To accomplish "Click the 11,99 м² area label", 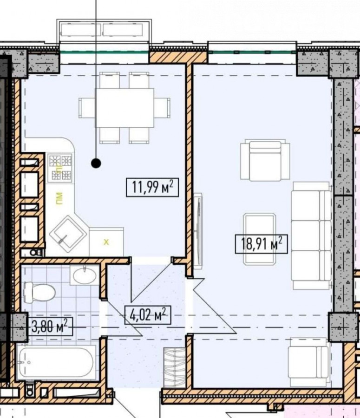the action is pyautogui.click(x=152, y=188).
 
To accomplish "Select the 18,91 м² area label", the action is pyautogui.click(x=261, y=244).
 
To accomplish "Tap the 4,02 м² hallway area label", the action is pyautogui.click(x=148, y=315).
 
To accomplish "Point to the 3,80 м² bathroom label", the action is pyautogui.click(x=50, y=327).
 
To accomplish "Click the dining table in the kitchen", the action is pyautogui.click(x=125, y=108).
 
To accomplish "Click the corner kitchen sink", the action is pyautogui.click(x=68, y=234).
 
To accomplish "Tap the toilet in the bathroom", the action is pyautogui.click(x=40, y=293).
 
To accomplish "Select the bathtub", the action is pyautogui.click(x=56, y=362).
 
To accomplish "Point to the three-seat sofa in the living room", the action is pyautogui.click(x=311, y=235).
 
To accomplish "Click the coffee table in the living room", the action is pyautogui.click(x=260, y=239).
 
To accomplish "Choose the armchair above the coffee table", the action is pyautogui.click(x=265, y=160).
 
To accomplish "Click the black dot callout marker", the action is pyautogui.click(x=96, y=163).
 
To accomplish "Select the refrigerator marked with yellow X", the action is pyautogui.click(x=106, y=242).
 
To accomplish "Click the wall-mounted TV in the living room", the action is pyautogui.click(x=198, y=230).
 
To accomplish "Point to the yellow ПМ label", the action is pyautogui.click(x=59, y=199).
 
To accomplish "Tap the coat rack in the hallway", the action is pyautogui.click(x=175, y=367).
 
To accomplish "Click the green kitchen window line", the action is pyautogui.click(x=104, y=52).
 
